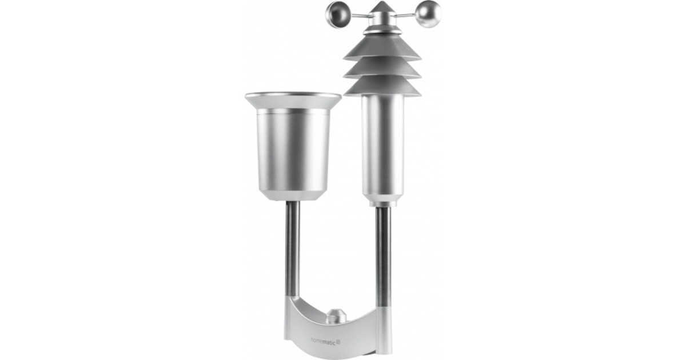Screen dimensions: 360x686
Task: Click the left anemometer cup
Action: coord(337,14)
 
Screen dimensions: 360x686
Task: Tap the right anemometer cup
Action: coord(428,14)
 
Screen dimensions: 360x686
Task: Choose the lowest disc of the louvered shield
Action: coord(382,87)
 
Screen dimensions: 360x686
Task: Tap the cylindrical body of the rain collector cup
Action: coord(292,149)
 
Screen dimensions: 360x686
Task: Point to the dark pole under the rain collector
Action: coord(292,249)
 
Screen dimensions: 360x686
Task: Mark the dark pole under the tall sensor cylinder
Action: coord(382,254)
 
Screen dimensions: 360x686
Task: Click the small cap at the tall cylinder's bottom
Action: coord(382,202)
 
